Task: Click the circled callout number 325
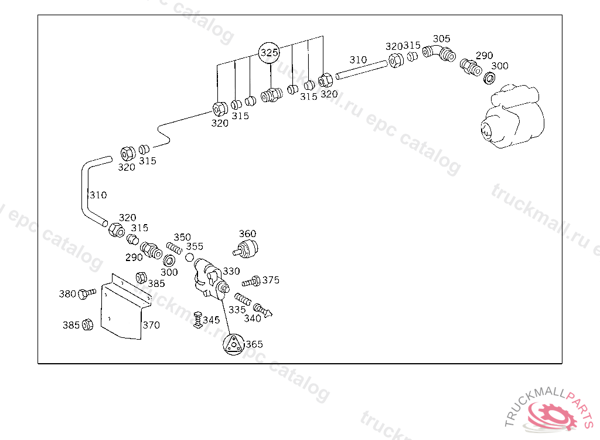(x=270, y=53)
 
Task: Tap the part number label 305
(x=441, y=39)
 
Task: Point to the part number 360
(x=247, y=233)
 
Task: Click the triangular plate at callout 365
(x=233, y=344)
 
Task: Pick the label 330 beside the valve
(x=231, y=272)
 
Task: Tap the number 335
(x=237, y=309)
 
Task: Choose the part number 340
(x=253, y=319)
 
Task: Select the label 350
(x=182, y=237)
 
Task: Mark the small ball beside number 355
(x=189, y=258)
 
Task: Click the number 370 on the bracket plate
(x=151, y=325)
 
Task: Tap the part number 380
(x=67, y=294)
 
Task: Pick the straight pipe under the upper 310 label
(x=361, y=69)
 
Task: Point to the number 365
(x=254, y=344)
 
